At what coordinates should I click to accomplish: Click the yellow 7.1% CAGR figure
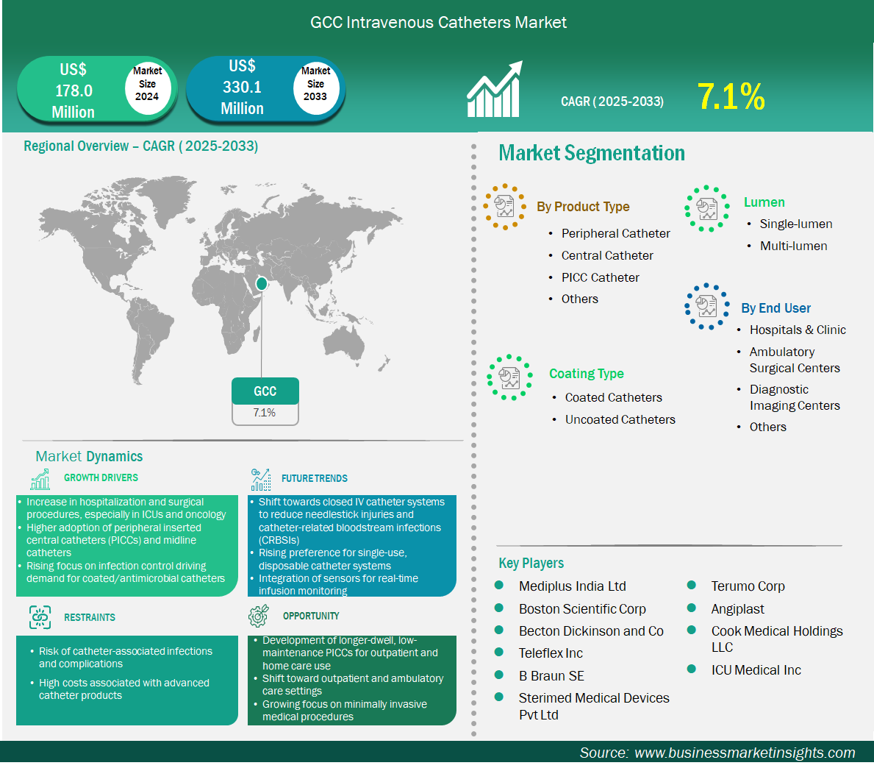click(731, 96)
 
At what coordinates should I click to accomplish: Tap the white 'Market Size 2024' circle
click(147, 85)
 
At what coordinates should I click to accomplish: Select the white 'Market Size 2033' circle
click(315, 85)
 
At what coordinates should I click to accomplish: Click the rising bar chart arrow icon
click(495, 89)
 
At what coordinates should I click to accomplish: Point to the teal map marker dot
click(262, 284)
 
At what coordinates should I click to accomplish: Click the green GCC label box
click(265, 391)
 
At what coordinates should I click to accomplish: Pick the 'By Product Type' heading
click(583, 207)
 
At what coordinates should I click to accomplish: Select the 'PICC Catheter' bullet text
click(601, 277)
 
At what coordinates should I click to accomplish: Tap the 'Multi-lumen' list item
click(794, 246)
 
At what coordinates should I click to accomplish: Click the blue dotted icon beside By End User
click(707, 306)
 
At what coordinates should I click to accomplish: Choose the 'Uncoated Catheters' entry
click(620, 419)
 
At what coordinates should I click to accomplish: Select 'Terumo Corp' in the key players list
click(748, 586)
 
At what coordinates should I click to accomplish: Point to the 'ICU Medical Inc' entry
click(756, 670)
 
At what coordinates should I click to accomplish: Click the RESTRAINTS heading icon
click(40, 617)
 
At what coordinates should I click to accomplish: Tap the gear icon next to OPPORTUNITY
click(259, 616)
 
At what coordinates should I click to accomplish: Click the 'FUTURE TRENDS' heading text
click(315, 478)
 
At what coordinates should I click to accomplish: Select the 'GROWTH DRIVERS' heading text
click(101, 477)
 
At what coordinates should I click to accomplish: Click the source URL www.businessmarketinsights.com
click(745, 753)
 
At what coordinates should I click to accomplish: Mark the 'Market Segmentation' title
click(592, 153)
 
